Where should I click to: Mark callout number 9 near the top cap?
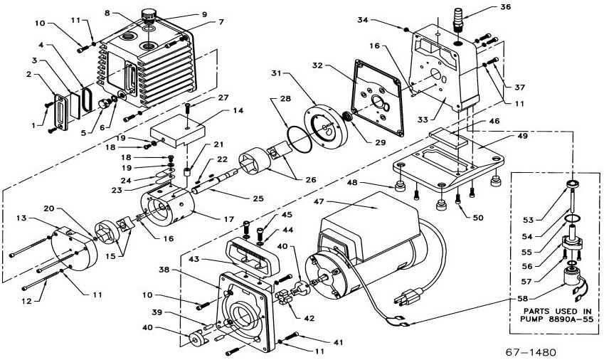[184, 14]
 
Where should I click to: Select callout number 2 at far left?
[31, 74]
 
